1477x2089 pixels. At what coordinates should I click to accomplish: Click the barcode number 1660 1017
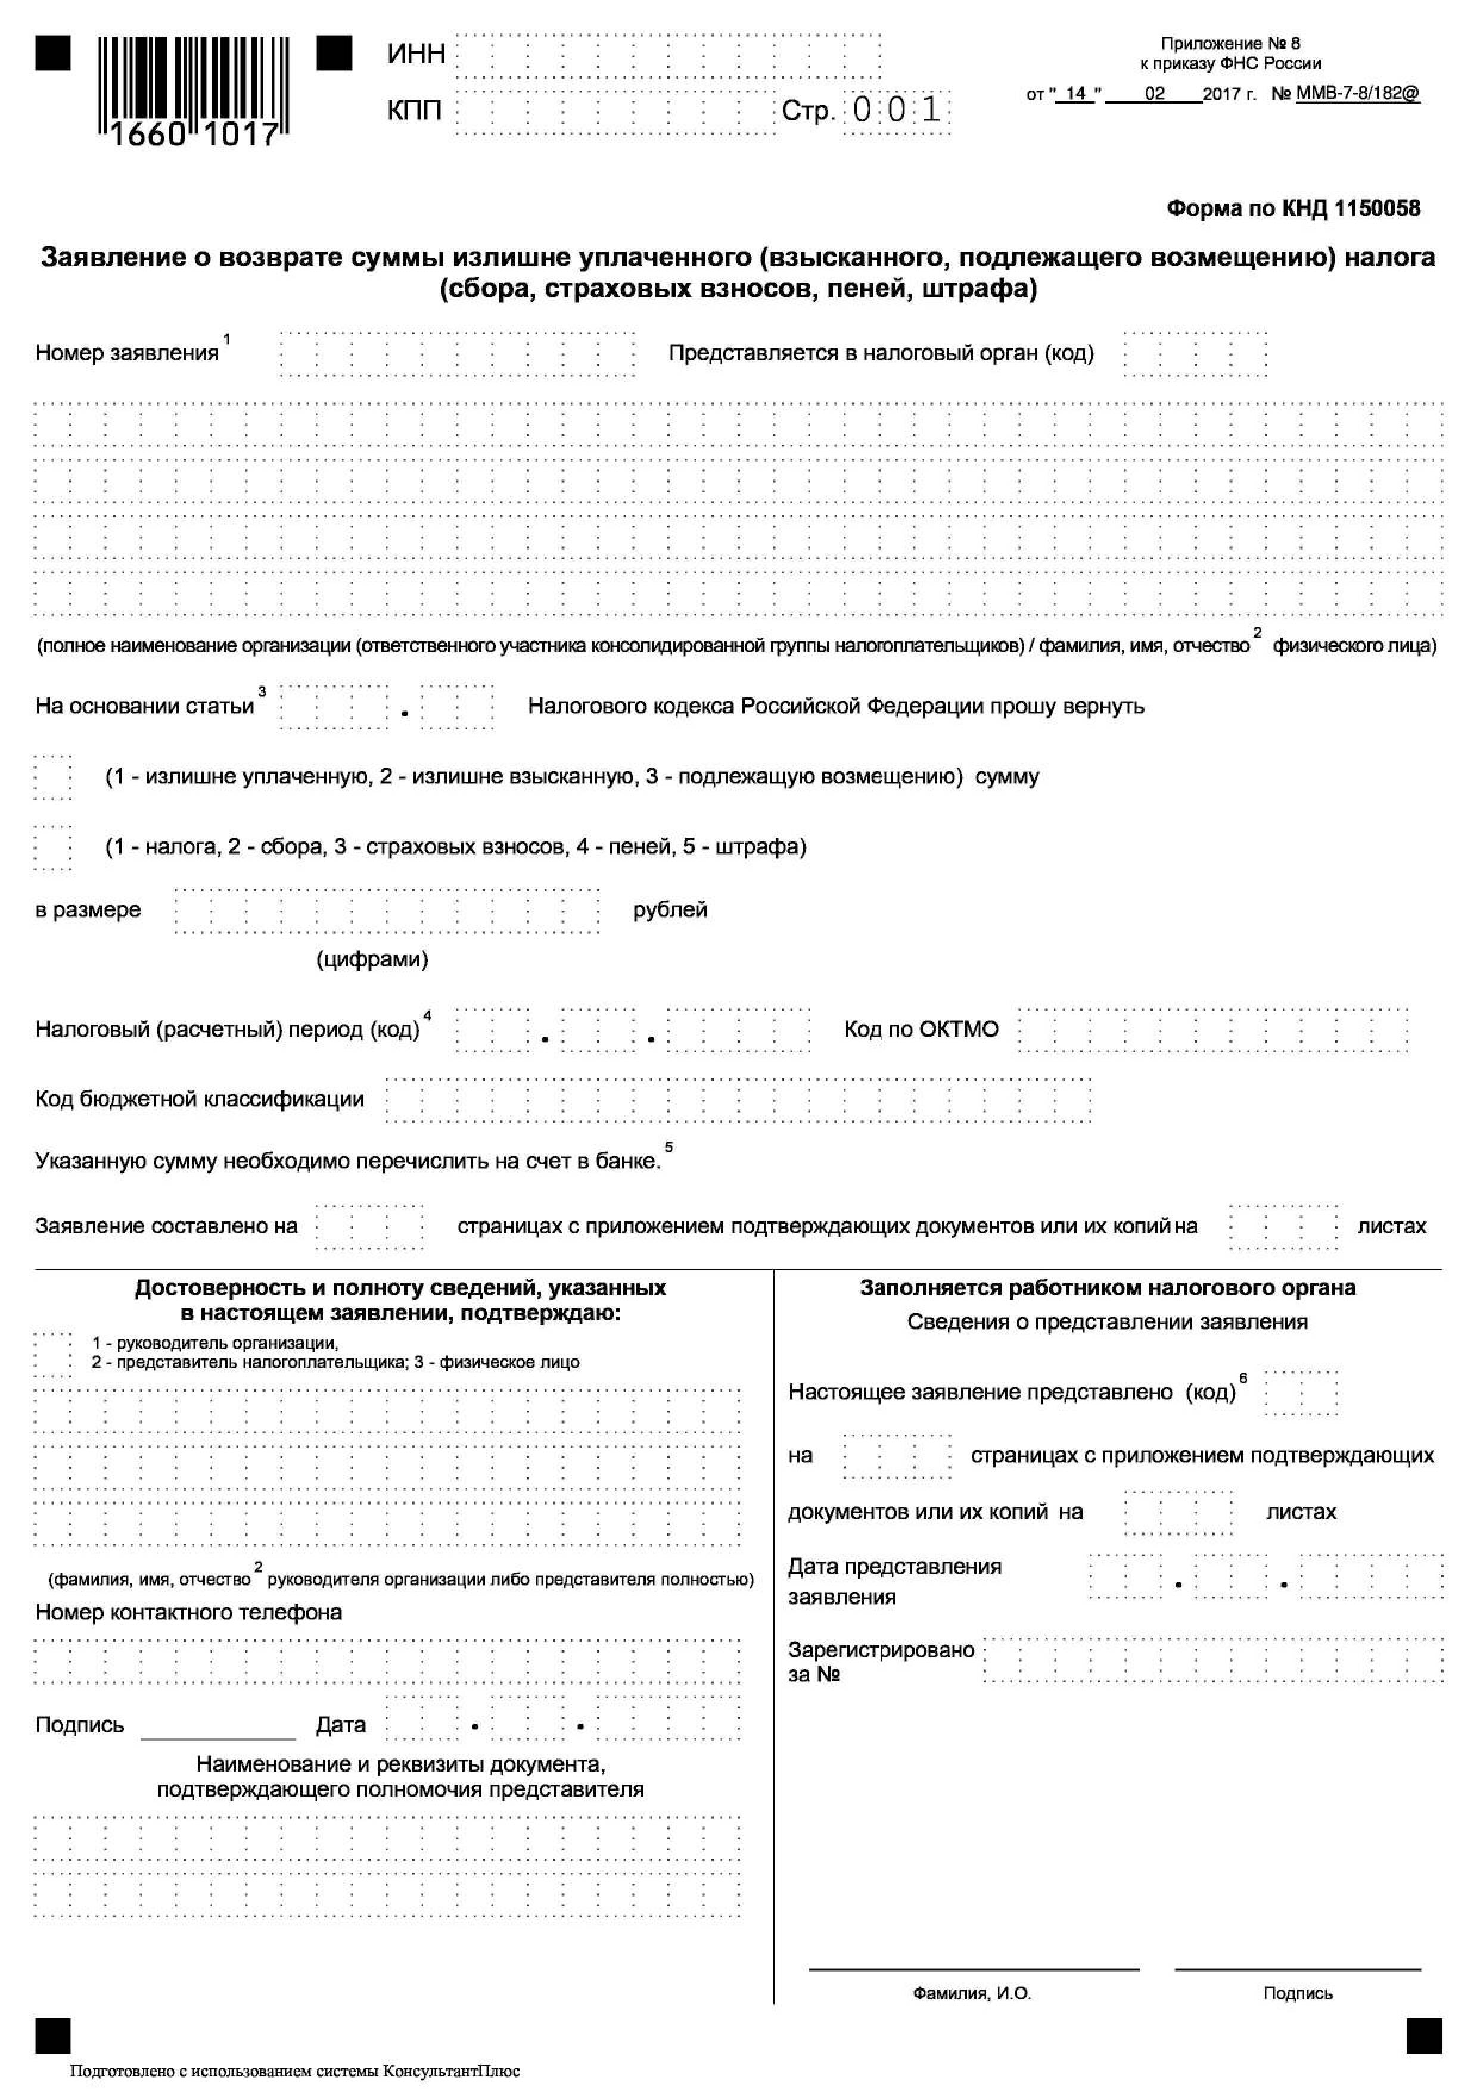point(194,135)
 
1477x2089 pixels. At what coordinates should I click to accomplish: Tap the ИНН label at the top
point(416,55)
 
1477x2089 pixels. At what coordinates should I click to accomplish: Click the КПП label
point(414,110)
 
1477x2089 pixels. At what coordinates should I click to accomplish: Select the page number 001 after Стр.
point(897,111)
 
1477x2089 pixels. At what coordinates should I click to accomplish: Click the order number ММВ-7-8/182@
point(1357,93)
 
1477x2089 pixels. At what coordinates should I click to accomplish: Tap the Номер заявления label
point(128,353)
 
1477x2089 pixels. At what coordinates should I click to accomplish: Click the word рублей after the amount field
point(670,910)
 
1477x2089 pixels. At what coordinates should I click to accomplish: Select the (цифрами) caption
point(372,959)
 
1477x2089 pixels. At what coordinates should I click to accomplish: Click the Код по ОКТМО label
point(921,1029)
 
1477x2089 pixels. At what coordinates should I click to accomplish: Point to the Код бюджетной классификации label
point(200,1099)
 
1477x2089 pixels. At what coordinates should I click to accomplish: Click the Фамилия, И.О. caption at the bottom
point(972,2019)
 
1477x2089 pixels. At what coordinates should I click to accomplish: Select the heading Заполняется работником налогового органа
point(1108,1287)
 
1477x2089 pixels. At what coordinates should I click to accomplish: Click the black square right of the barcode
point(334,53)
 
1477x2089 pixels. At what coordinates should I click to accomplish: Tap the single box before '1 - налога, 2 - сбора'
point(53,847)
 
